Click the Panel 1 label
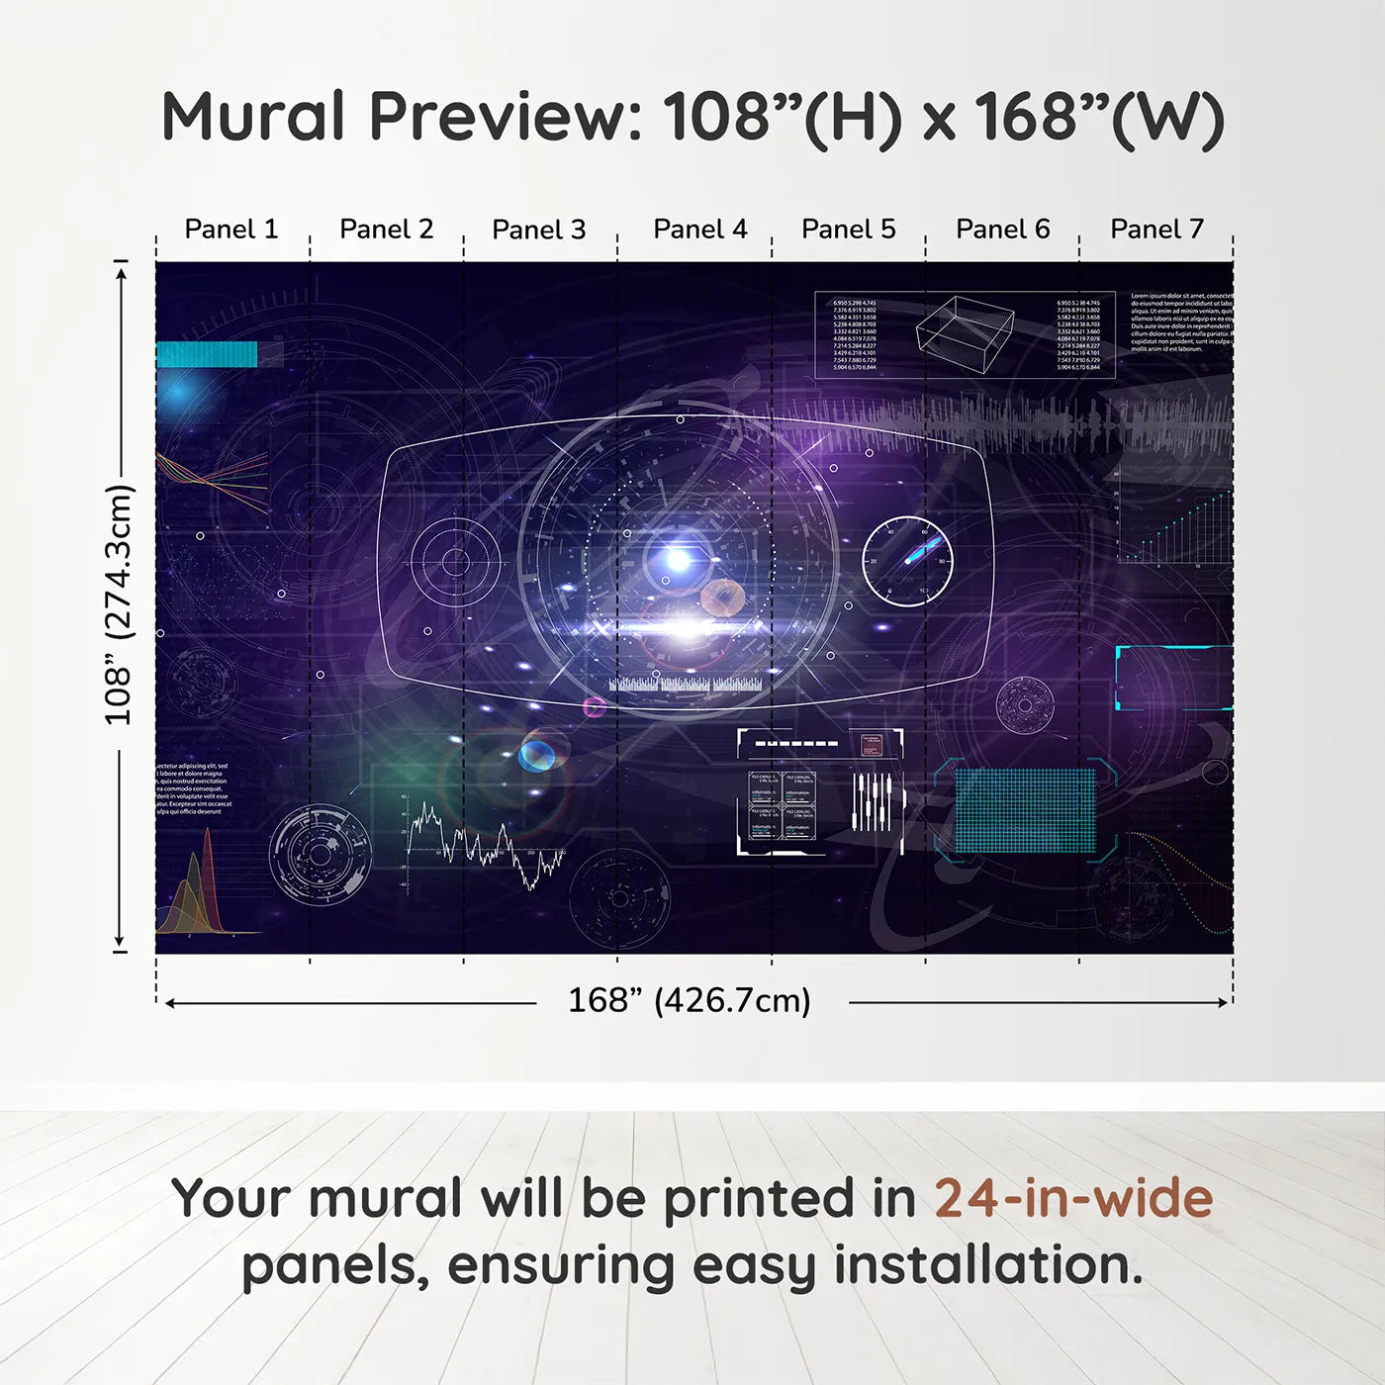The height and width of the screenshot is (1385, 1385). (231, 230)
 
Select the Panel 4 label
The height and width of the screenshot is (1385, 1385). (699, 230)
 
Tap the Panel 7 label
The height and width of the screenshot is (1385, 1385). (1156, 230)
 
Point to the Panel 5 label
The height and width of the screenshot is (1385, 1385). (848, 230)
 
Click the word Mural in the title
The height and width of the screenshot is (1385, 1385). (253, 117)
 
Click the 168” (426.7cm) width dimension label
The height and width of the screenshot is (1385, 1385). (690, 1001)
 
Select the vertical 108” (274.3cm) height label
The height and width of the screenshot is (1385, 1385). (119, 604)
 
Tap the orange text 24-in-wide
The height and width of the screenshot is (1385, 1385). (1073, 1198)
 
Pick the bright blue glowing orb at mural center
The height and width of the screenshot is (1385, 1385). (678, 560)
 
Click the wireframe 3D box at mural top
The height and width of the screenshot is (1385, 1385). (965, 331)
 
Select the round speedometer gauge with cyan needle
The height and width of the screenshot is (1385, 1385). (907, 561)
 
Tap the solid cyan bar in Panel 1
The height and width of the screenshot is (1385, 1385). (207, 354)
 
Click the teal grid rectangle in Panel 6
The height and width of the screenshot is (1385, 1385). (1025, 809)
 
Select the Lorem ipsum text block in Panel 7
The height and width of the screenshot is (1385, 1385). (1181, 323)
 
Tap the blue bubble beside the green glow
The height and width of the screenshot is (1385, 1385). (537, 756)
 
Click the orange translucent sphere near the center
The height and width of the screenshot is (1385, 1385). (723, 597)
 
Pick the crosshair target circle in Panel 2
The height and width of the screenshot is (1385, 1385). (455, 562)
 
